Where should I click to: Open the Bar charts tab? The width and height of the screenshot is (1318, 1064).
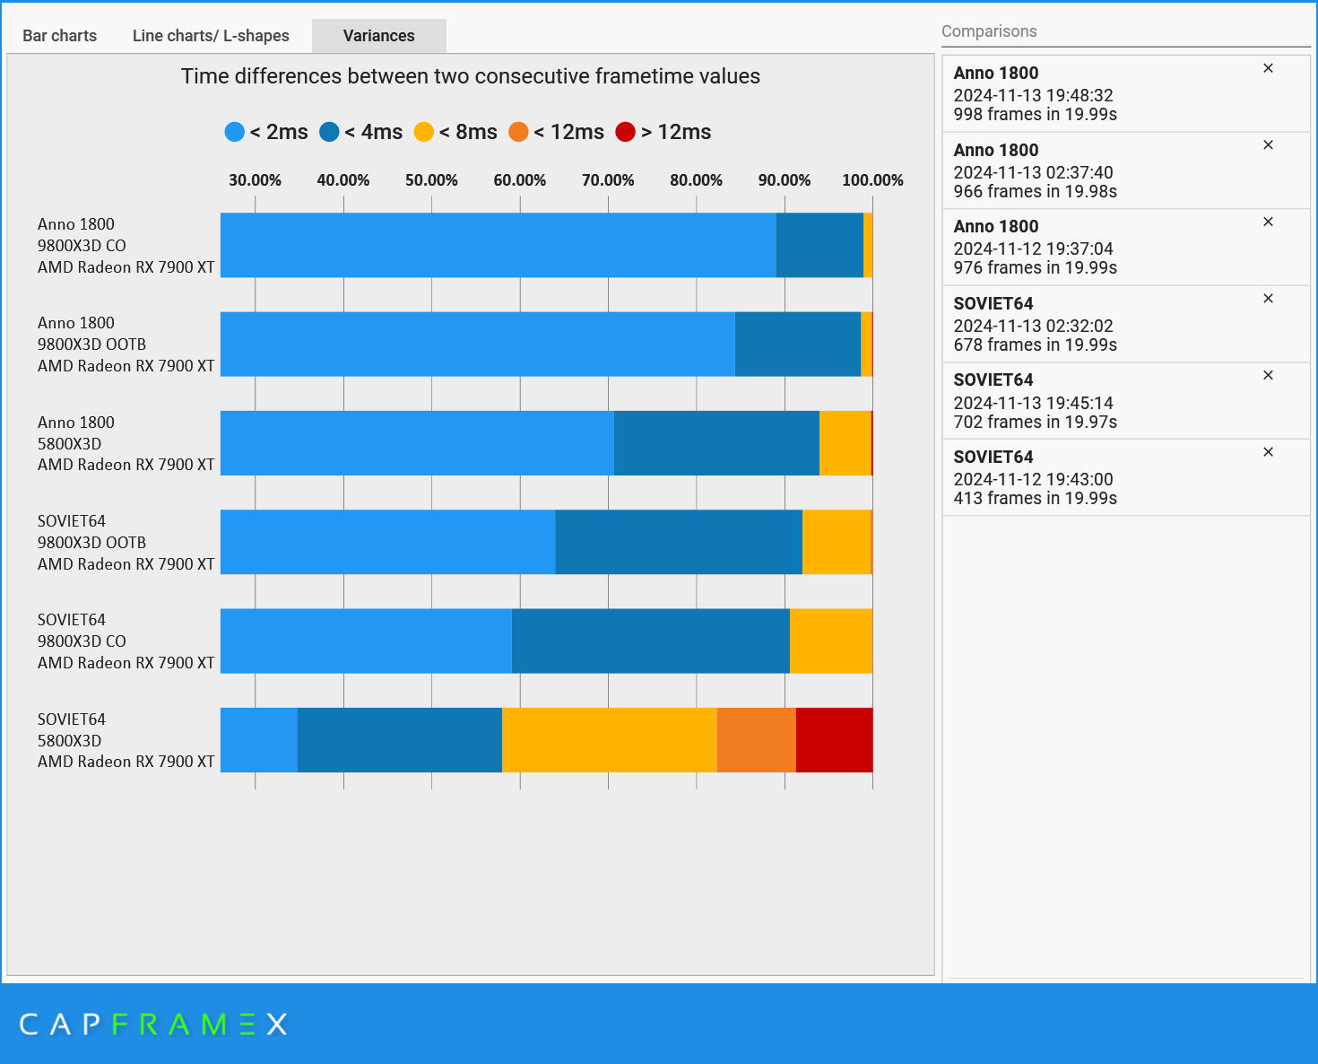point(59,36)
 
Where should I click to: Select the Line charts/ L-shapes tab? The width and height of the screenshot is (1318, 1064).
point(211,36)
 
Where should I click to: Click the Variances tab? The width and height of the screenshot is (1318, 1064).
point(378,36)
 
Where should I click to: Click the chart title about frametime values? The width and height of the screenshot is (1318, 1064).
point(470,76)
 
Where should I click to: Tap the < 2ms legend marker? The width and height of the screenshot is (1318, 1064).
point(235,132)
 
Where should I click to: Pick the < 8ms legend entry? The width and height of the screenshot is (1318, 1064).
point(455,132)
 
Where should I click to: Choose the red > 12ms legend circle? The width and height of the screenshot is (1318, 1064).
point(626,132)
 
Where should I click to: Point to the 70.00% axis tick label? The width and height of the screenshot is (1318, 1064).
point(608,180)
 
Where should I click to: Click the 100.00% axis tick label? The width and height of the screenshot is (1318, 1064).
point(871,180)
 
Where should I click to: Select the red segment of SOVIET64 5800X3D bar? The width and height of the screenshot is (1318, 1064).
point(834,740)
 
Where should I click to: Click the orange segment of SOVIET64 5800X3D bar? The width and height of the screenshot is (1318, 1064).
point(756,740)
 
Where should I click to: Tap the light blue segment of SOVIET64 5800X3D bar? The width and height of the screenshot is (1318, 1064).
point(258,740)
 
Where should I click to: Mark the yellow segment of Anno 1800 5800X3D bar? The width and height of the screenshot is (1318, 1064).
point(845,443)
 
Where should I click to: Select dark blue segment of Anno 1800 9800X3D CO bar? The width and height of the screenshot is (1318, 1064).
point(819,245)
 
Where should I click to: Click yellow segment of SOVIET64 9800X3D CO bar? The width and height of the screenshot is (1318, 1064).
point(830,641)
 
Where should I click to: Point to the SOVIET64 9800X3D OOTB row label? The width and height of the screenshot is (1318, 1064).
point(126,542)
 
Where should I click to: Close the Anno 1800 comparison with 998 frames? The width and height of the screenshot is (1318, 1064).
point(1268,68)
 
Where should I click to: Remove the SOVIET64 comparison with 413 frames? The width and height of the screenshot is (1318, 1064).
point(1268,452)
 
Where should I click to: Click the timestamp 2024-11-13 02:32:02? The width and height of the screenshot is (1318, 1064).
point(1033,326)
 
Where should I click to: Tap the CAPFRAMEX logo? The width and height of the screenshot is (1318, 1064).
point(153,1024)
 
